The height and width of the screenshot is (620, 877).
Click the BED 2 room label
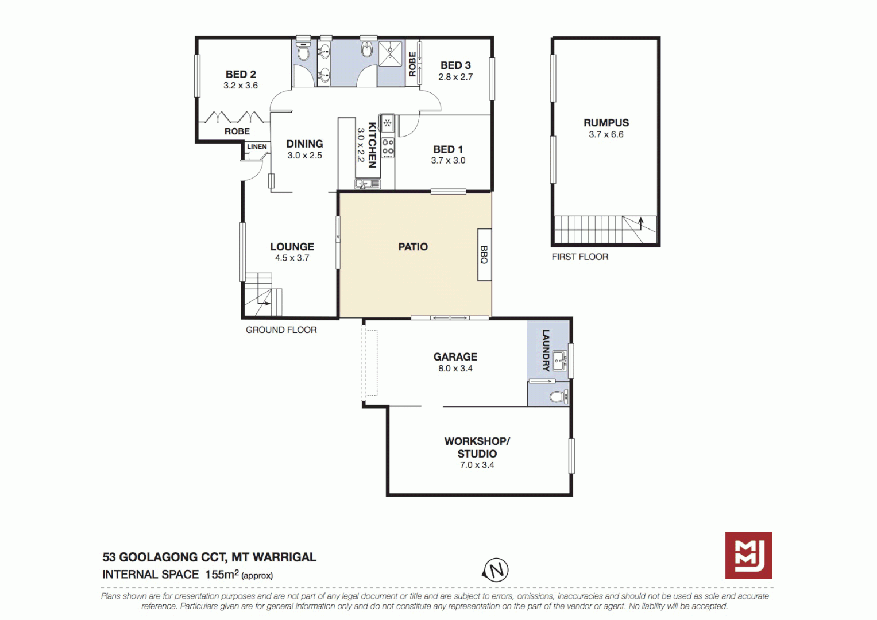click(241, 75)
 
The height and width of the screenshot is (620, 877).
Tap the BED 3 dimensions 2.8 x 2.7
click(455, 77)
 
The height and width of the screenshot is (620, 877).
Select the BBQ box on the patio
click(484, 255)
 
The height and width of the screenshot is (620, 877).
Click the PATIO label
click(413, 247)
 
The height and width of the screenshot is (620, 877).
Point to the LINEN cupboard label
click(257, 147)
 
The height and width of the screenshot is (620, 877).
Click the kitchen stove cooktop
click(388, 147)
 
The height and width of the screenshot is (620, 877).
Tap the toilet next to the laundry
click(557, 396)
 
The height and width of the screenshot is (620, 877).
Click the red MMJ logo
click(748, 555)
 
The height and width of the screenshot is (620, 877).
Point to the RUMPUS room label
click(606, 123)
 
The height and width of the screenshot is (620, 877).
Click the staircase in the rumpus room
click(603, 230)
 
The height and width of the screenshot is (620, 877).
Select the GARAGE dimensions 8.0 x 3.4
click(455, 369)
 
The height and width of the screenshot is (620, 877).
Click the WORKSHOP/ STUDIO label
click(477, 447)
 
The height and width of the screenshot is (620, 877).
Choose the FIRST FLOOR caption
click(579, 257)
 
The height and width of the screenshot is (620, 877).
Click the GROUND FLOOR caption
click(281, 330)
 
